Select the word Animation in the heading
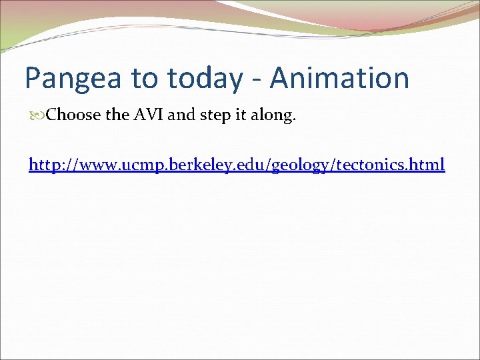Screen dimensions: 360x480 tap(339, 79)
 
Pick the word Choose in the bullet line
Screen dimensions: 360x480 tap(74, 115)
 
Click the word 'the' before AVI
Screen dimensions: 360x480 tap(118, 115)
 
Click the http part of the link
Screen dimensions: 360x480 tap(45, 164)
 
